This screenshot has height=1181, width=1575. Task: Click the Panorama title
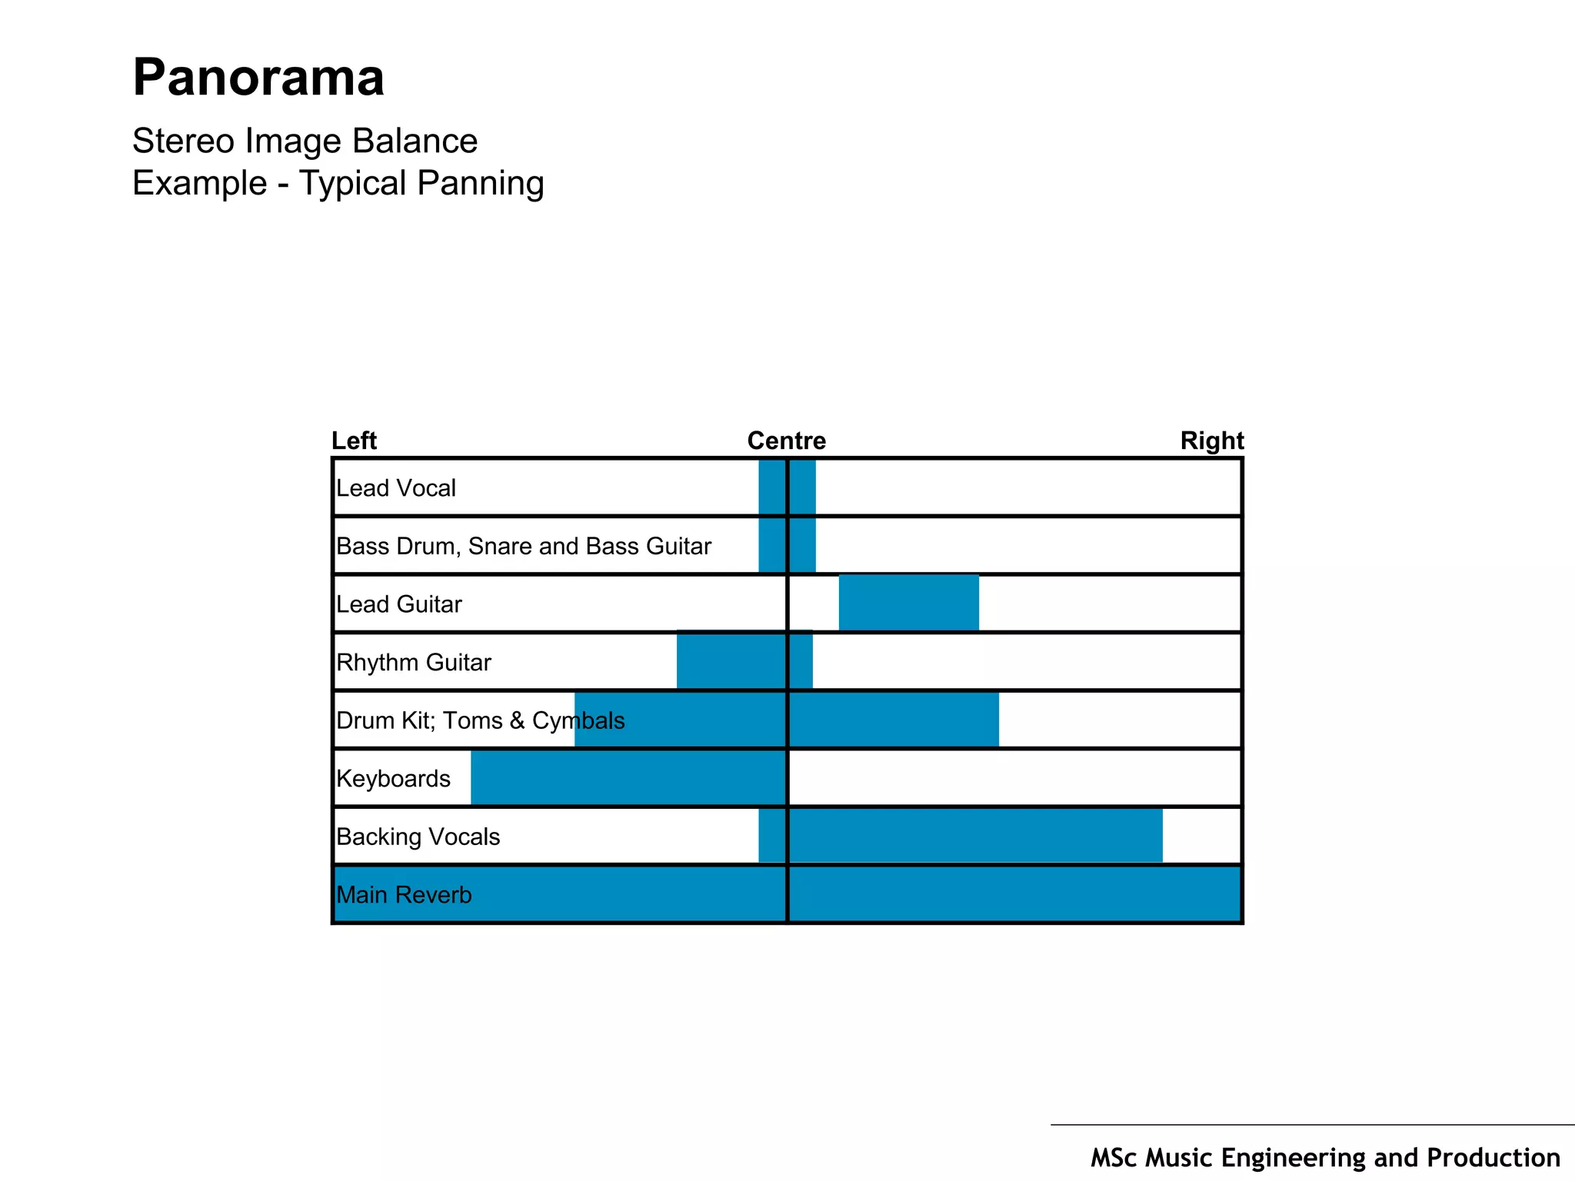(x=258, y=78)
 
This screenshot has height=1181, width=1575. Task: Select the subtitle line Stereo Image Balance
(x=305, y=141)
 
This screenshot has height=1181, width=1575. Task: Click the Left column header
(x=354, y=441)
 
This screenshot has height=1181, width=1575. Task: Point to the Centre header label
(x=787, y=441)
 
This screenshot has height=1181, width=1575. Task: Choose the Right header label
(x=1212, y=441)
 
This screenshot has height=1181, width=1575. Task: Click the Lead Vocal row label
(x=396, y=488)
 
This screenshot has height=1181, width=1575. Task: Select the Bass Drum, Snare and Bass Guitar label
(x=524, y=546)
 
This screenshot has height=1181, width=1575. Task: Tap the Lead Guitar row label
(x=399, y=604)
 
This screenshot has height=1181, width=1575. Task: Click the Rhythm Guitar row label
(x=414, y=662)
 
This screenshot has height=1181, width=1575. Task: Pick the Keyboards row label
(x=394, y=779)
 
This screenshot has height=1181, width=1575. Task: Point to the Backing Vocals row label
(x=418, y=837)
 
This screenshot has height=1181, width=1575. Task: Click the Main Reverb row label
(x=404, y=895)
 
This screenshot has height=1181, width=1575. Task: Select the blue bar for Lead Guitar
(x=909, y=603)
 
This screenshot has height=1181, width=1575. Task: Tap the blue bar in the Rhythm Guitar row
(x=744, y=660)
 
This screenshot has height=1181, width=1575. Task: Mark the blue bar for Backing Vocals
(x=961, y=836)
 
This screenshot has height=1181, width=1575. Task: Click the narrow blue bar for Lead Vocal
(x=787, y=487)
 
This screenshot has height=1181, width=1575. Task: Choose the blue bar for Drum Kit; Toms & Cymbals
(x=787, y=720)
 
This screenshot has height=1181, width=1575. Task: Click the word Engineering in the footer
(x=1294, y=1158)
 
